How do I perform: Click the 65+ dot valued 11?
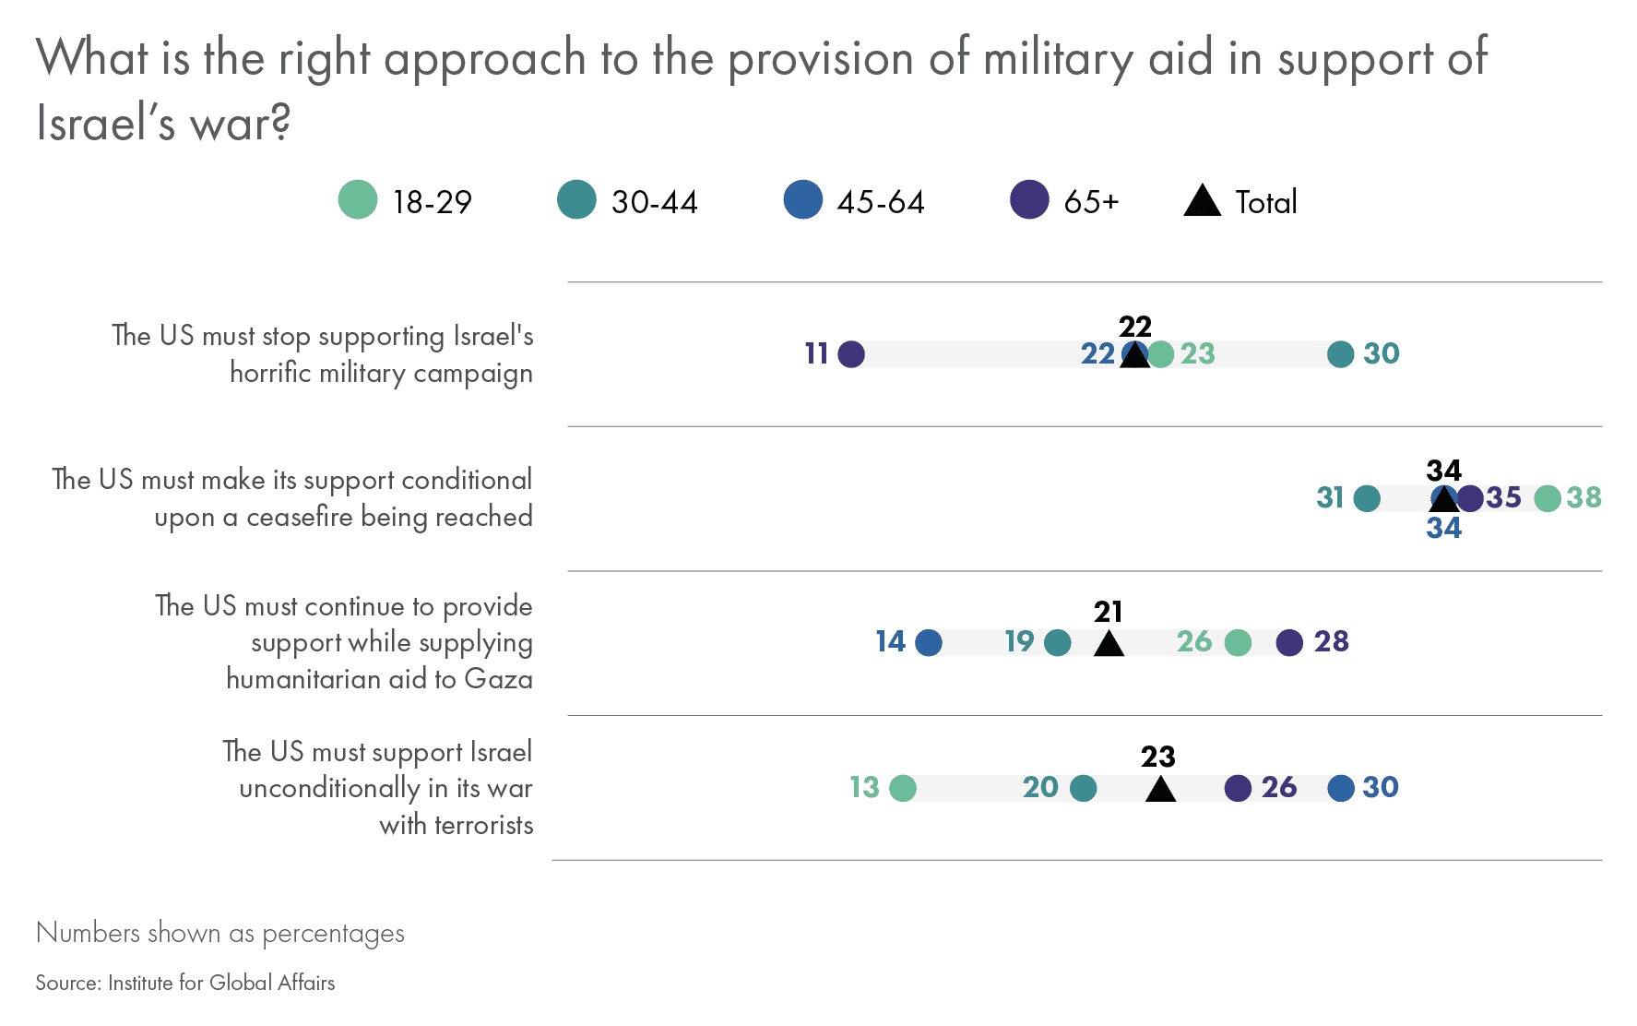850,353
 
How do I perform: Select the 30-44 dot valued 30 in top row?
1340,353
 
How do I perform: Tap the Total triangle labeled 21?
1109,644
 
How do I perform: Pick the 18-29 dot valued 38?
1547,498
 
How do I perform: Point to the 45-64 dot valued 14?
929,642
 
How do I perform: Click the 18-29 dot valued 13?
903,788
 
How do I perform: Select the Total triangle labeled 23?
1160,790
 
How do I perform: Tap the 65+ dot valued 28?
1289,642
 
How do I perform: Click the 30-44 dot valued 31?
1366,498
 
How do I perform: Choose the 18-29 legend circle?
358,200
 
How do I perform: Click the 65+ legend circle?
1029,200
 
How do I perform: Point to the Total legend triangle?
1202,201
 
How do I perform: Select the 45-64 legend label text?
880,202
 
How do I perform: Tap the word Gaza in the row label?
498,679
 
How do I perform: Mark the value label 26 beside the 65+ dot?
1279,787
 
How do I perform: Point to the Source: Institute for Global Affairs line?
185,983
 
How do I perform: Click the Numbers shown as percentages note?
220,933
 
